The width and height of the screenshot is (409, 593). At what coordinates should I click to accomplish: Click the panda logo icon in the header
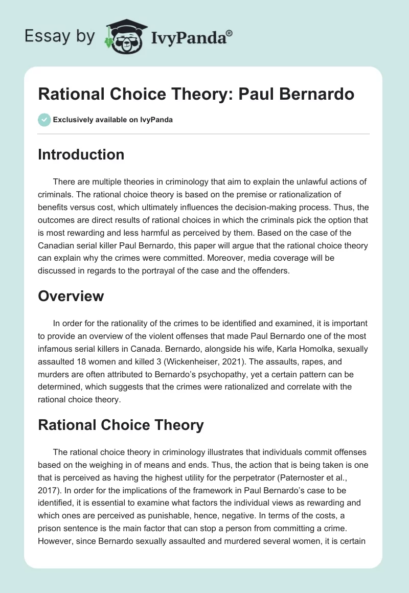[x=125, y=36]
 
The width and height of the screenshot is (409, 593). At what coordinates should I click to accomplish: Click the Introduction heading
[x=81, y=154]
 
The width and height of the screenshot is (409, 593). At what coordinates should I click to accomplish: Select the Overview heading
[x=71, y=296]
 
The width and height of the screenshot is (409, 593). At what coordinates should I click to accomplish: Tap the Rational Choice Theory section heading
[x=121, y=424]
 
